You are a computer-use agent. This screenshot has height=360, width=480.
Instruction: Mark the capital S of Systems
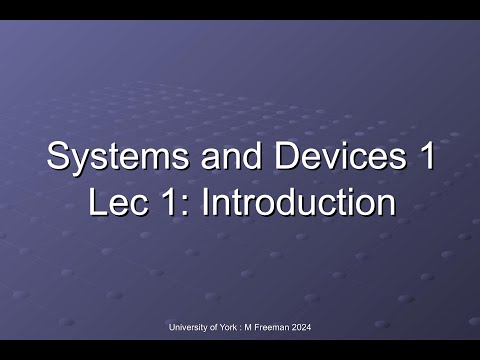(58, 158)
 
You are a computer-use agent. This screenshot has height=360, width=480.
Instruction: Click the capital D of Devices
(262, 158)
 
